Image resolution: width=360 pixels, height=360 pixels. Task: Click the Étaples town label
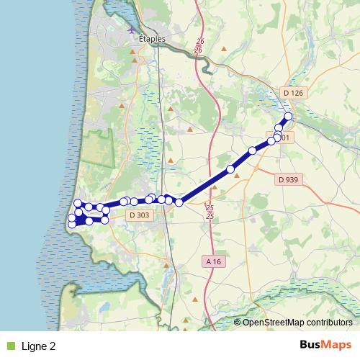click(x=151, y=40)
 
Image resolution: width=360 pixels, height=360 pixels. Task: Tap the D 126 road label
click(x=294, y=93)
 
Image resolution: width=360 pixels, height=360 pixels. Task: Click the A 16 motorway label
click(x=212, y=261)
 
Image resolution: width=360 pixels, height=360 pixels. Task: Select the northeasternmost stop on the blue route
click(x=289, y=116)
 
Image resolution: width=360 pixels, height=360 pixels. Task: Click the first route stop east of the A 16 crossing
click(x=230, y=169)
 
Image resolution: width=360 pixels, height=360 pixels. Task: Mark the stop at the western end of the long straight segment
click(x=179, y=203)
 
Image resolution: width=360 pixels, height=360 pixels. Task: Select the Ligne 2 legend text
click(x=39, y=346)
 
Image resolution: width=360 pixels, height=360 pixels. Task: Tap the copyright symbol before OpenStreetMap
click(x=238, y=323)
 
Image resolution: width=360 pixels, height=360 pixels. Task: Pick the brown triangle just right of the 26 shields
click(x=225, y=50)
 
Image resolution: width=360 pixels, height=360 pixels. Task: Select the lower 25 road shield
click(x=210, y=216)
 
